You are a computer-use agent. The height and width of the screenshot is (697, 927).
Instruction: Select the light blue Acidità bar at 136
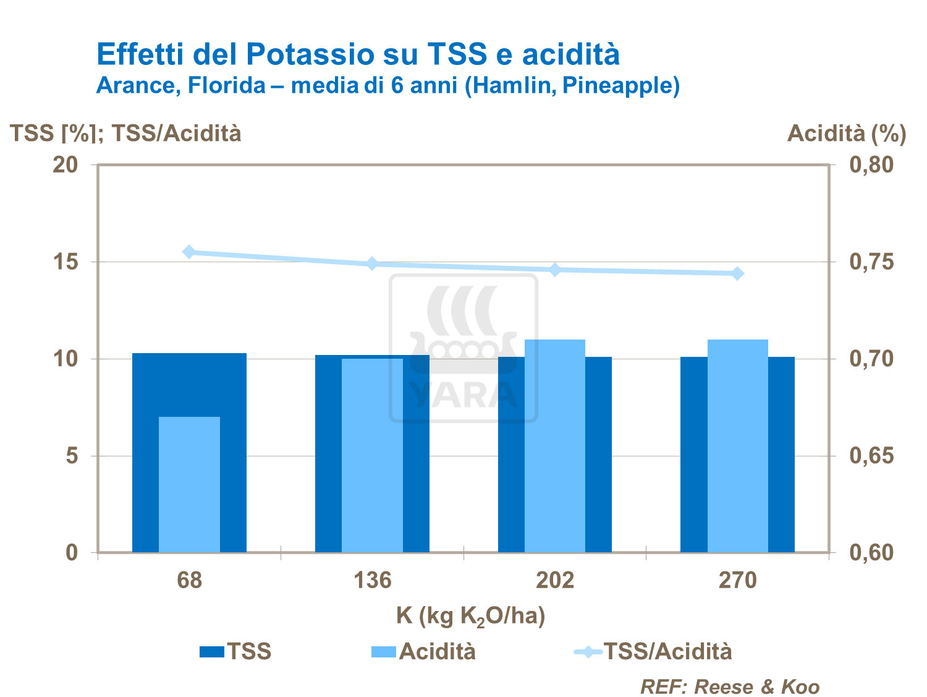tap(372, 455)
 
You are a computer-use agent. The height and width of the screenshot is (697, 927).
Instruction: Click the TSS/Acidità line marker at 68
tap(189, 252)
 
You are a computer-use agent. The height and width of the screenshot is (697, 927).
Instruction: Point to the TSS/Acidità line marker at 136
tap(372, 264)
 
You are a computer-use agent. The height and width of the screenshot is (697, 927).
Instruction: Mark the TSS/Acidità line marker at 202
tap(554, 270)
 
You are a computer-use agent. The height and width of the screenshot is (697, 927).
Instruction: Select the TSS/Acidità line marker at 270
tap(737, 273)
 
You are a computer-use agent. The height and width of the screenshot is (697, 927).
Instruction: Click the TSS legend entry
tap(235, 651)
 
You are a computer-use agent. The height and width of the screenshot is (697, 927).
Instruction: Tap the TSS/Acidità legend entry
tap(653, 651)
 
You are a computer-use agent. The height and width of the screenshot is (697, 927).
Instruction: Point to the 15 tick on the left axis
tap(66, 262)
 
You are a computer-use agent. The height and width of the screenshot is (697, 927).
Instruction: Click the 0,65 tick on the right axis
tap(871, 456)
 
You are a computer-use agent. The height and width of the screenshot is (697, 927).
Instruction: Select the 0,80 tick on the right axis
tap(871, 165)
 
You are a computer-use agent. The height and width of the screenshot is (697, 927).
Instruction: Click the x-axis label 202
tap(554, 580)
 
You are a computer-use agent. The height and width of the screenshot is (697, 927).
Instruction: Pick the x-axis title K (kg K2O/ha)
tap(470, 616)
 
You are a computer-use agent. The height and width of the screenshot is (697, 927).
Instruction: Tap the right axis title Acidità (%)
tap(846, 133)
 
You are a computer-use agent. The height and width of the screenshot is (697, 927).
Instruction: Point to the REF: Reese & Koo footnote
tap(729, 686)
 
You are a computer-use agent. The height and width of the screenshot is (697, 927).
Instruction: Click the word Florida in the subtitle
tap(226, 85)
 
